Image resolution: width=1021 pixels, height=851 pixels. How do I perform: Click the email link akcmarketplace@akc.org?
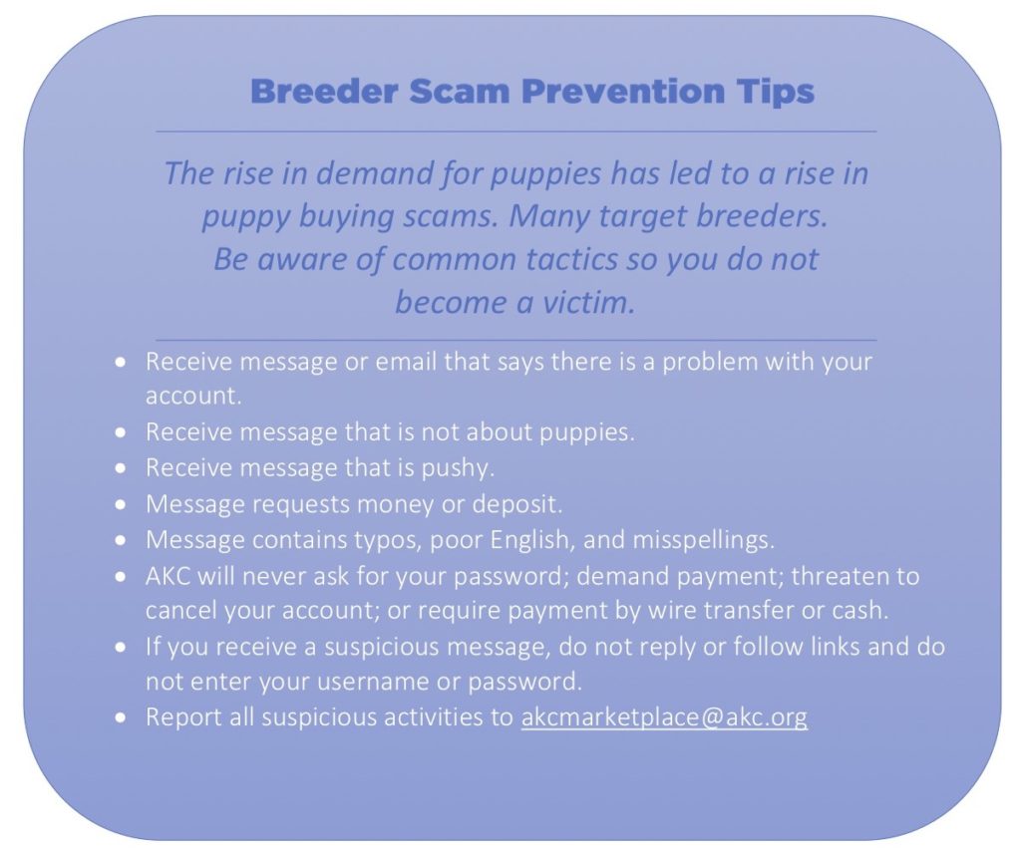click(x=664, y=717)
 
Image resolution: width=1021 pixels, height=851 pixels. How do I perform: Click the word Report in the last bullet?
click(x=179, y=717)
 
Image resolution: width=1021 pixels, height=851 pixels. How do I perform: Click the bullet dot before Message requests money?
click(x=121, y=504)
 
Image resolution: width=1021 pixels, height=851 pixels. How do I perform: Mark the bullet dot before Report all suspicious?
click(x=121, y=718)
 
